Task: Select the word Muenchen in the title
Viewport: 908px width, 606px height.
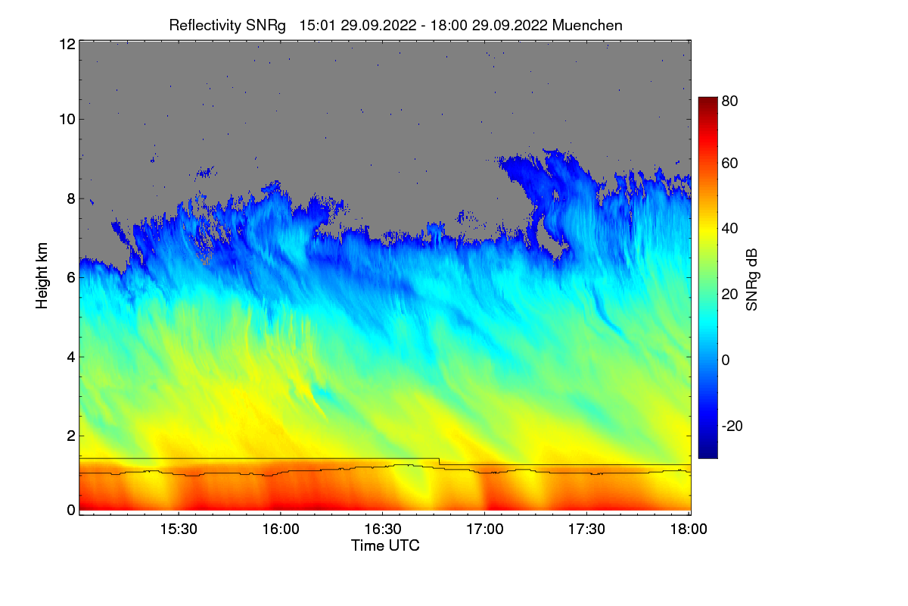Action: click(x=587, y=25)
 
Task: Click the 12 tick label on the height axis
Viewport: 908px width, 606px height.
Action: click(x=67, y=44)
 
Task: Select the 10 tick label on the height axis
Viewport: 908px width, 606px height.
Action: click(x=67, y=119)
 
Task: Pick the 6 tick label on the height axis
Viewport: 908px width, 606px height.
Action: click(x=70, y=277)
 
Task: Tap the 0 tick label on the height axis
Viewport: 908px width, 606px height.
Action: click(x=70, y=510)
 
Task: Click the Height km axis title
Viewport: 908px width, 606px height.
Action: click(x=42, y=276)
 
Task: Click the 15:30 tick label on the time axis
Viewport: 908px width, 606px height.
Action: click(x=178, y=529)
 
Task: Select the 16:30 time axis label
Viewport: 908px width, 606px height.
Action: click(x=382, y=529)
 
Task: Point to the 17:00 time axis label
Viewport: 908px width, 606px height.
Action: click(x=484, y=529)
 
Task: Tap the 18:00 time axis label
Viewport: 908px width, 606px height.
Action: click(x=688, y=529)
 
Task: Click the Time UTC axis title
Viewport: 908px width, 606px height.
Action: click(x=385, y=545)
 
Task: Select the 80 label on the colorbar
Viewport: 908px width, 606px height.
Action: click(x=730, y=99)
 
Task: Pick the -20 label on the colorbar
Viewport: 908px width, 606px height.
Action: click(x=732, y=426)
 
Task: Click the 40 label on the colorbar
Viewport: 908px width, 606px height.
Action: click(x=730, y=228)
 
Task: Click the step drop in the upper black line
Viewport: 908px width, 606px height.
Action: click(x=440, y=461)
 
